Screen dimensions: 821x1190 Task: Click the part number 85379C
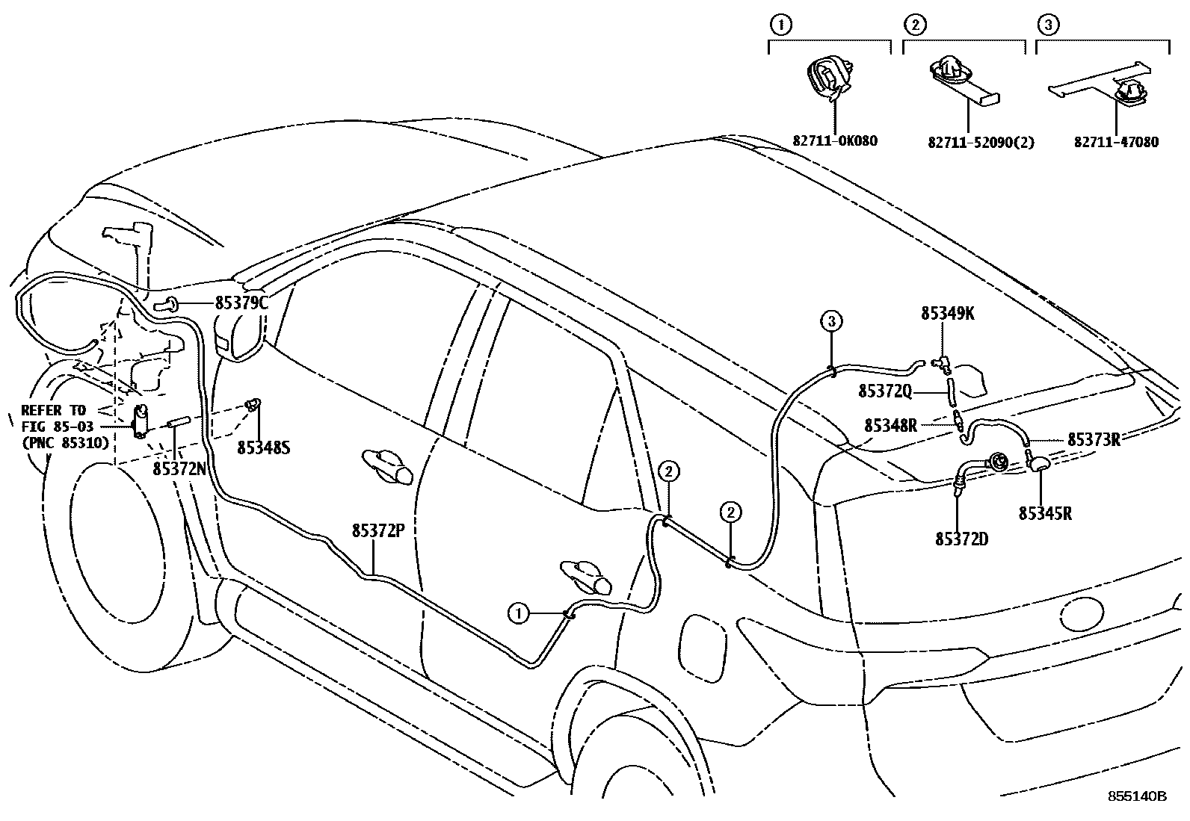pos(241,303)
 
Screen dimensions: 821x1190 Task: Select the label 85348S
pos(264,447)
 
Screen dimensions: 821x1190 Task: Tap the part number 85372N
pos(179,468)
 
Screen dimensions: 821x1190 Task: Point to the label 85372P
pos(378,531)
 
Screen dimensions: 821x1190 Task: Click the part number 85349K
pos(947,315)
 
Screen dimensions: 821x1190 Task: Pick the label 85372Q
pos(885,391)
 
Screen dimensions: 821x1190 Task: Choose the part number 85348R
pos(890,425)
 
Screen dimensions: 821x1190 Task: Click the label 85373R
pos(1093,439)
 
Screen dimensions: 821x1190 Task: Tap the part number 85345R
pos(1045,514)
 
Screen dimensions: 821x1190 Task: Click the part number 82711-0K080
pos(836,140)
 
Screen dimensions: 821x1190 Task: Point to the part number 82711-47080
pos(1117,141)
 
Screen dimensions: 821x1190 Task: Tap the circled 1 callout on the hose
pos(517,613)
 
